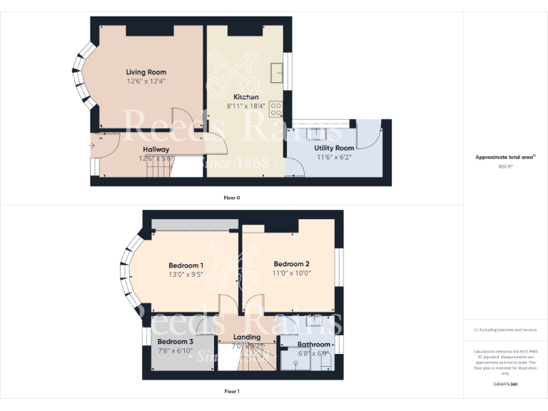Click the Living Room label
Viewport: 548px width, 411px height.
click(146, 72)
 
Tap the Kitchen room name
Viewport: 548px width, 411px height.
click(246, 97)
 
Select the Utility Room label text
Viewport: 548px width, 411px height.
click(334, 148)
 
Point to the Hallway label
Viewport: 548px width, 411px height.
click(156, 149)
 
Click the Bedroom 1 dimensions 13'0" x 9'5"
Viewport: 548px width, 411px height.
click(186, 275)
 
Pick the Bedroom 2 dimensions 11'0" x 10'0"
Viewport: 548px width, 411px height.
click(291, 273)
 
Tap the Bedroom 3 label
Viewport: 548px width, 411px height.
click(176, 342)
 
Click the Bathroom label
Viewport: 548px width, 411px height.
click(314, 345)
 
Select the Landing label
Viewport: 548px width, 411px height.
click(248, 338)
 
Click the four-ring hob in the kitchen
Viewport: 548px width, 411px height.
click(276, 110)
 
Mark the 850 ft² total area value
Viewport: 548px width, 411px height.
click(505, 166)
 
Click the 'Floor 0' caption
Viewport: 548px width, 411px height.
click(232, 197)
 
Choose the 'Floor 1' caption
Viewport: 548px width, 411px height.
click(232, 391)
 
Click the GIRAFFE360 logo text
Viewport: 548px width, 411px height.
click(505, 384)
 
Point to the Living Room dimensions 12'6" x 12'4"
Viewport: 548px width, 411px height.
click(146, 81)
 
